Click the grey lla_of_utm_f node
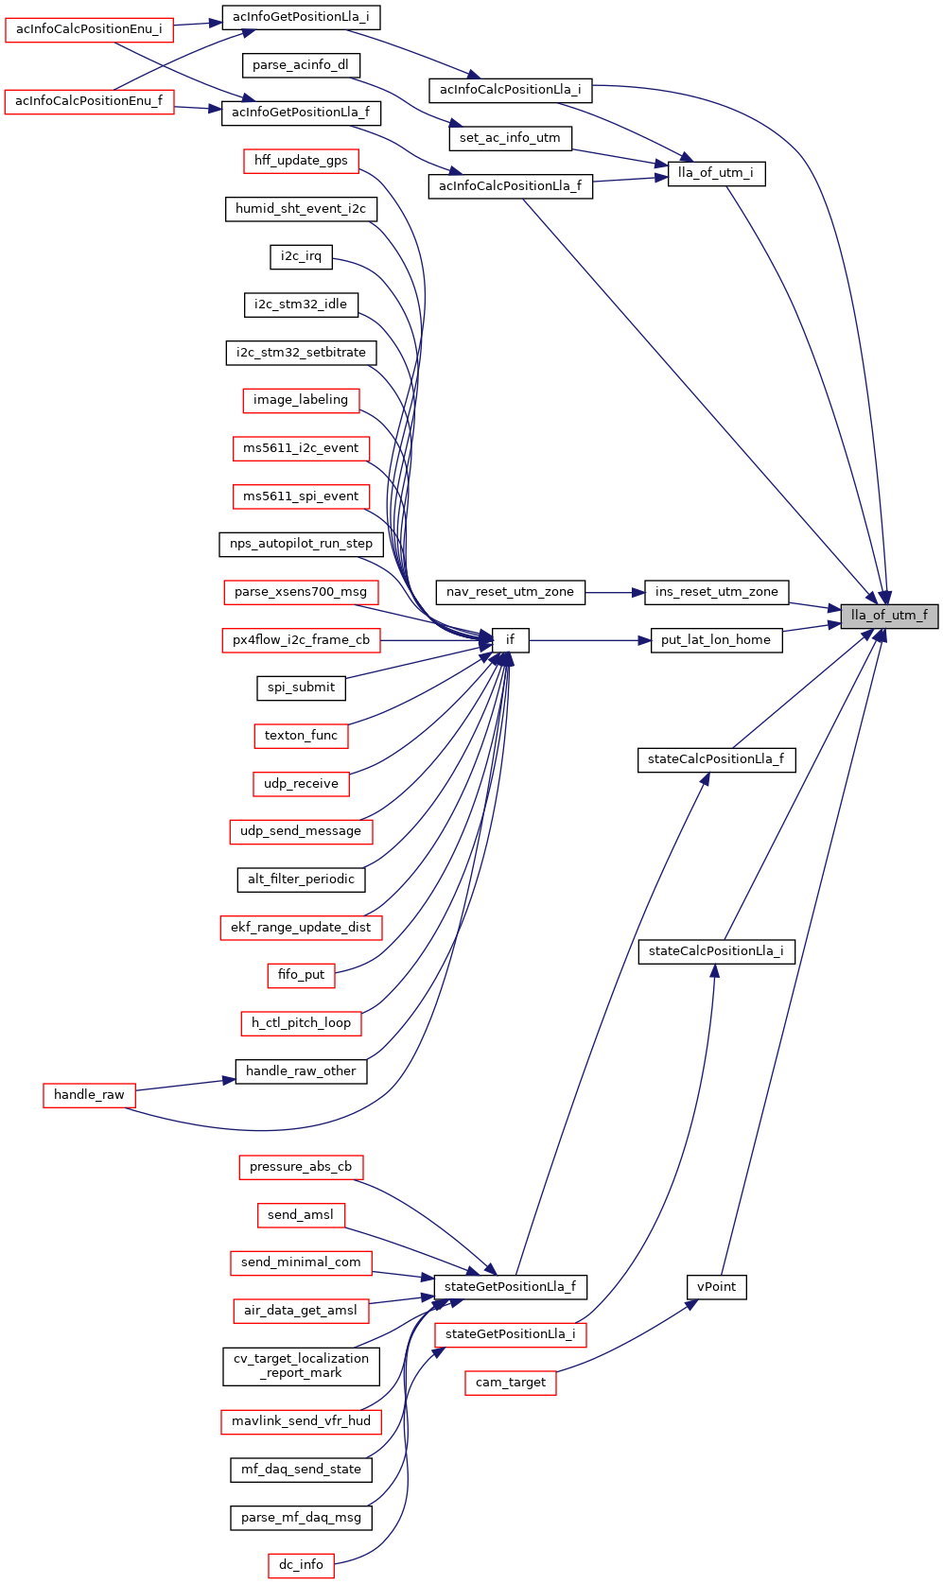pos(889,616)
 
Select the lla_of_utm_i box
pos(716,174)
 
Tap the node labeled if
pos(510,640)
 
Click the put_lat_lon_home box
pos(716,640)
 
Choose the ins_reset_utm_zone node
pos(716,592)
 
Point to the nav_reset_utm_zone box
pos(510,592)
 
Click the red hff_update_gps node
pos(301,161)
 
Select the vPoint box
pos(716,1287)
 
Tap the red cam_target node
pos(510,1383)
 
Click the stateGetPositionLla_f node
pos(510,1287)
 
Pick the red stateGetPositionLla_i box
pos(510,1334)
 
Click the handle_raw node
pos(89,1095)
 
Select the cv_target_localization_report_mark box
pos(301,1366)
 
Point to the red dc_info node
pos(301,1565)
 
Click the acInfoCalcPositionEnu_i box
pos(89,29)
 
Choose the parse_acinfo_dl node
pos(301,65)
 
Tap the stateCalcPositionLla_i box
pos(716,951)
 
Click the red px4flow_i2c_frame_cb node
pos(301,640)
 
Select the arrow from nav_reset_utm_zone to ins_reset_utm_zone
pos(615,592)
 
